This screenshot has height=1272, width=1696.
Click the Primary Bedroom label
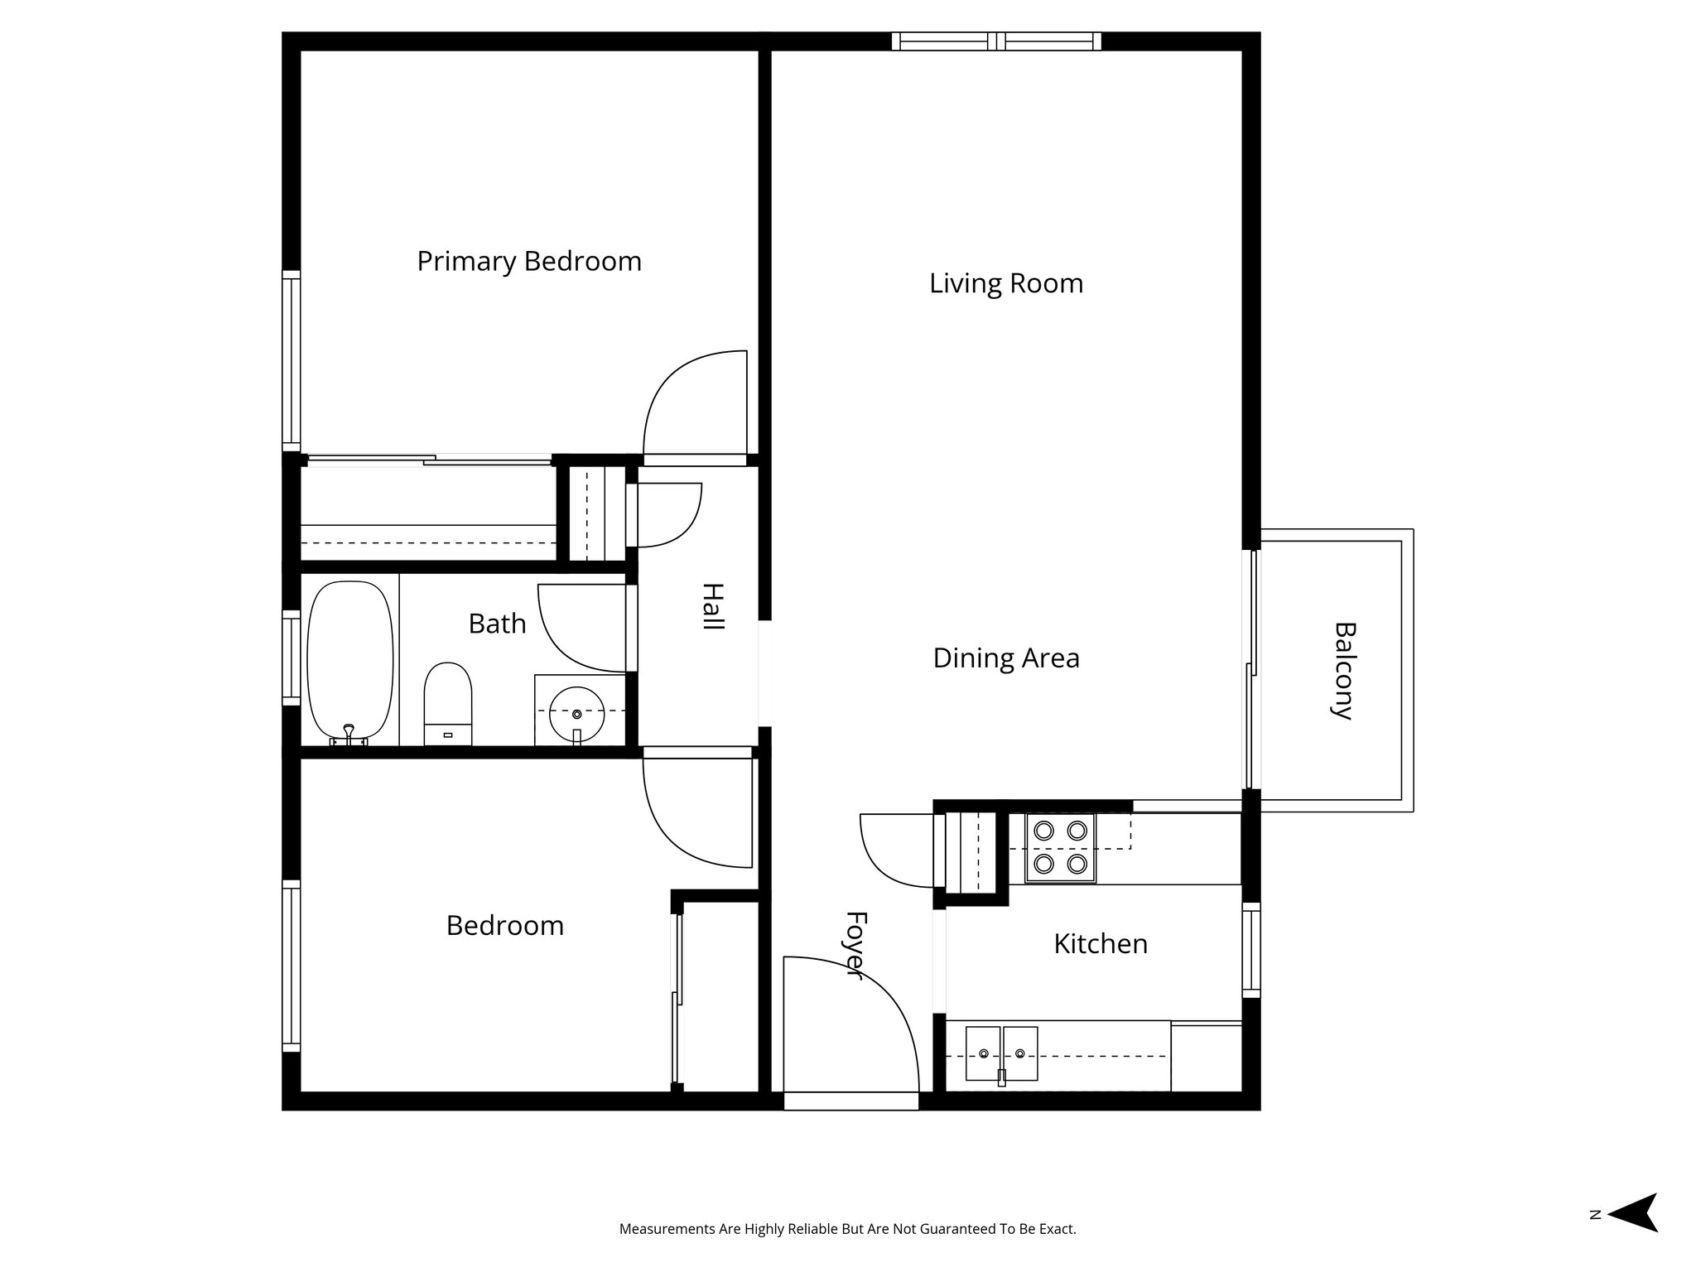click(x=529, y=262)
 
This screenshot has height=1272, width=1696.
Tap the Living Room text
click(x=1005, y=283)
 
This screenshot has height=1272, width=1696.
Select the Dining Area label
click(x=1005, y=658)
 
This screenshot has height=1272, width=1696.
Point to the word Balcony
click(x=1343, y=671)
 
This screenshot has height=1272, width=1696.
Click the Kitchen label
click(x=1100, y=944)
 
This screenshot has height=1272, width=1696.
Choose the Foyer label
click(x=855, y=945)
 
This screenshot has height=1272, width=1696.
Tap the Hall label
click(x=712, y=607)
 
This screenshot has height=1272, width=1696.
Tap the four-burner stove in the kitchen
click(x=1060, y=847)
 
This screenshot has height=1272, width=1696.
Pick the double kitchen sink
click(x=1001, y=1053)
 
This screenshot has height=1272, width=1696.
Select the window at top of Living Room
click(x=996, y=41)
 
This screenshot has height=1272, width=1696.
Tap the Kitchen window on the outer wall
click(x=1250, y=950)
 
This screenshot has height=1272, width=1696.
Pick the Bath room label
click(x=497, y=624)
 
